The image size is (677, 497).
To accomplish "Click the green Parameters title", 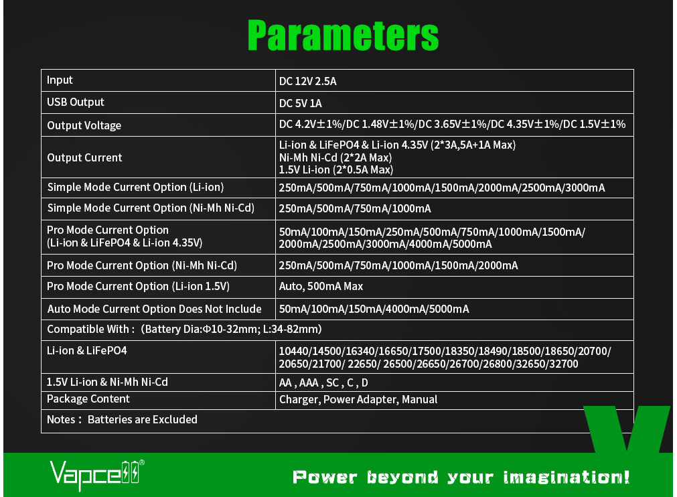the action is tap(344, 35).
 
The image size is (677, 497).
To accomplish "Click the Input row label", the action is tap(60, 80).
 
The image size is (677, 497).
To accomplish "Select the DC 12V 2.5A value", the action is tap(307, 81).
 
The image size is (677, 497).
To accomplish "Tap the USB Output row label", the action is tap(76, 102).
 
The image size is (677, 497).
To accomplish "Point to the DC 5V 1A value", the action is tap(300, 103).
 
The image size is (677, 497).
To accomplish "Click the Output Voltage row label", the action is tap(84, 125).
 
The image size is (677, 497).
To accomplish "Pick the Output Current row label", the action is tap(84, 157).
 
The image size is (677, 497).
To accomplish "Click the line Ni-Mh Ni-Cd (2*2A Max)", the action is tap(335, 157).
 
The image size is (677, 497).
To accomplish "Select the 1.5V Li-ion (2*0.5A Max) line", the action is tap(336, 169).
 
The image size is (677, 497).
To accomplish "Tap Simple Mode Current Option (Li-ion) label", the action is tap(135, 187).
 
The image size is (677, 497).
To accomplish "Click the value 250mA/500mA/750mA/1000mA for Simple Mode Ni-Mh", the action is tap(355, 208).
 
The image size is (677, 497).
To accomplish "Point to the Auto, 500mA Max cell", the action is tap(321, 286).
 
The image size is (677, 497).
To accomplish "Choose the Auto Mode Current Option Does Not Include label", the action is tap(154, 309).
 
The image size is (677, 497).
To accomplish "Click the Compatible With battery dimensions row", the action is tap(184, 330).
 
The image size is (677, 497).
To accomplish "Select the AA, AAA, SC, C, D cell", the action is tap(323, 383).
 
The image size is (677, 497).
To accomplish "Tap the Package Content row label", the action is tap(88, 399).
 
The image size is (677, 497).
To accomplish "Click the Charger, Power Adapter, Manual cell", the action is tap(358, 400).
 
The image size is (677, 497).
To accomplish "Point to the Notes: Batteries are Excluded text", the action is tap(122, 420).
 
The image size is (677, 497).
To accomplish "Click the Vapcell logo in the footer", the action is tap(97, 475).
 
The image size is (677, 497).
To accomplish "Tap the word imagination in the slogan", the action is tap(567, 477).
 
